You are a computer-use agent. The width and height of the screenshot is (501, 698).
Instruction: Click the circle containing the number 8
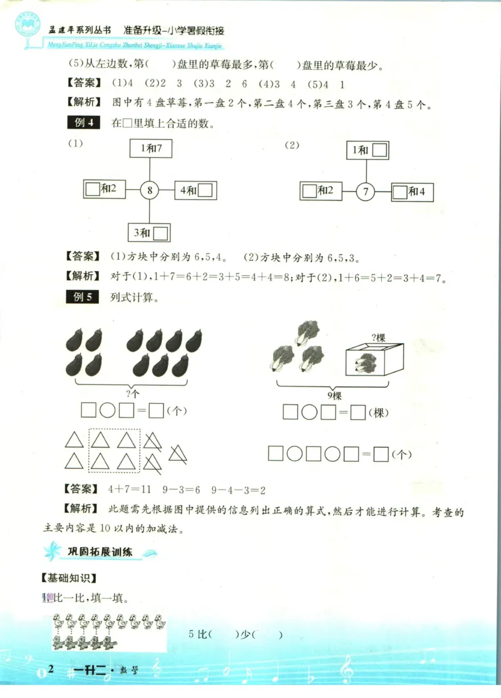pos(148,190)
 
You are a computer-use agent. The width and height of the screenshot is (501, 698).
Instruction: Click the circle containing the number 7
pos(366,192)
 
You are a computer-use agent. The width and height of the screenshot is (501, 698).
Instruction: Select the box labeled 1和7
pos(150,149)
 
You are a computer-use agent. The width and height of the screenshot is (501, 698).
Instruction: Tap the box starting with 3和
pos(150,233)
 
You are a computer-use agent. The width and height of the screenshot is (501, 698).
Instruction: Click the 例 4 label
pos(83,123)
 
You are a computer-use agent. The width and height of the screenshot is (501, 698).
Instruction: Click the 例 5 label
pos(83,297)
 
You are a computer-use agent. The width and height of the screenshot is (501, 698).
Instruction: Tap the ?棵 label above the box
pos(377,338)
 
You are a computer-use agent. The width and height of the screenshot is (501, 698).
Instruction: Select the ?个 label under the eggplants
pos(133,393)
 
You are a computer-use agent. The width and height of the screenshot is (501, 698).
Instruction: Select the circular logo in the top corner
pos(29,26)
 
